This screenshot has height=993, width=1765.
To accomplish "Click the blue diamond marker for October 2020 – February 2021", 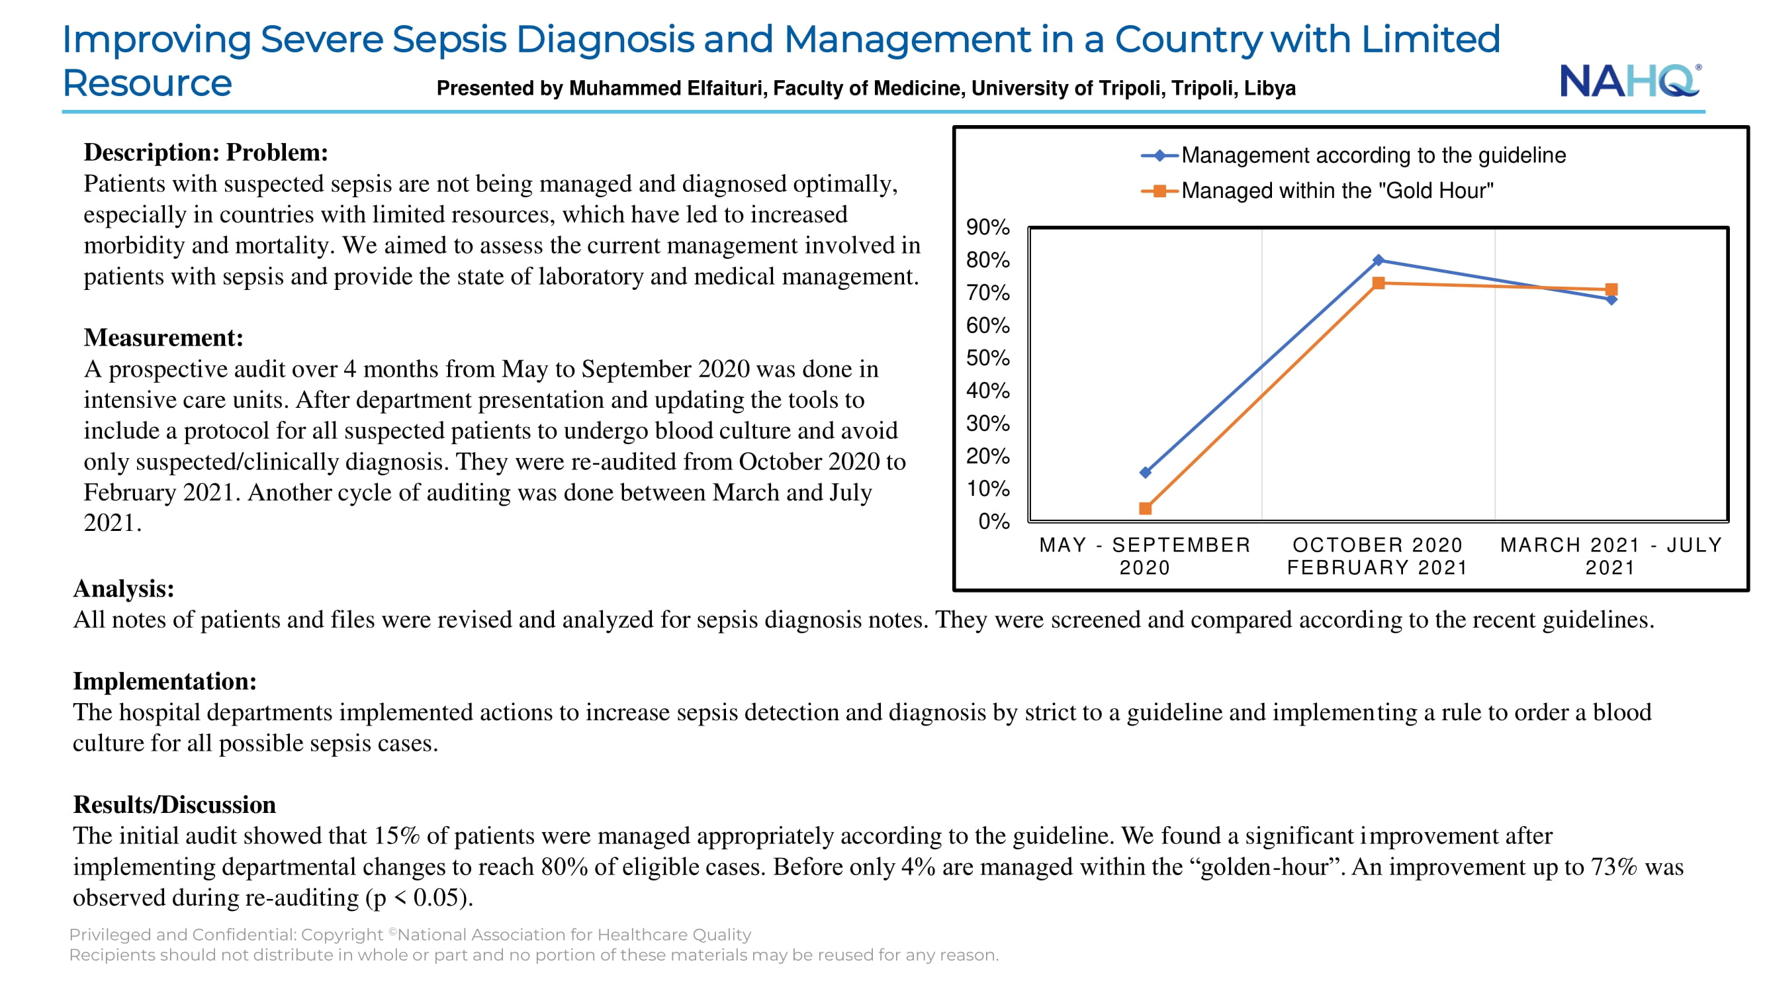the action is pos(1379,260).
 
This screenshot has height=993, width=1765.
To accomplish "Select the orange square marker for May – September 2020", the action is pos(1146,508).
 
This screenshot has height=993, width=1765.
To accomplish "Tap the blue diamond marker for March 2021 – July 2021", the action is pos(1611,299).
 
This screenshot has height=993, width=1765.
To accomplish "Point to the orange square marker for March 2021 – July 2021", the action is pos(1611,290).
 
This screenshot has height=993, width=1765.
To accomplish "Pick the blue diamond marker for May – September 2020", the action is pos(1146,472).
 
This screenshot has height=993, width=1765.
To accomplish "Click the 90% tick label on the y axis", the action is pos(988,228).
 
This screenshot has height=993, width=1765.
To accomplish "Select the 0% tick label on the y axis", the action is pos(994,522).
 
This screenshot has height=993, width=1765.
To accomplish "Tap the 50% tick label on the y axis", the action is pos(988,358).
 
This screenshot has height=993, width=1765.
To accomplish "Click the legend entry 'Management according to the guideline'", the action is pos(1353,156).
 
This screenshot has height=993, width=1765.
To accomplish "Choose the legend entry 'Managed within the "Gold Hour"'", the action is pos(1317,191).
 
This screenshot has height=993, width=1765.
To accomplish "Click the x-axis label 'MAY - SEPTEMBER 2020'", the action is pos(1145,556).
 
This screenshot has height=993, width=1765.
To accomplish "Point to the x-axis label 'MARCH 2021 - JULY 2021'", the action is pos(1611,556).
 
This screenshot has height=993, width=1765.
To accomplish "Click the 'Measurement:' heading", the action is pos(163,338).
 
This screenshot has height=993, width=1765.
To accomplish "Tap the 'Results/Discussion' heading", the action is pos(175,804).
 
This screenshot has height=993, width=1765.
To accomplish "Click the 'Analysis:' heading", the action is pos(124,589).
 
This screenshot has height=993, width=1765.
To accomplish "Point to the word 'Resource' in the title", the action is pos(148,83).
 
